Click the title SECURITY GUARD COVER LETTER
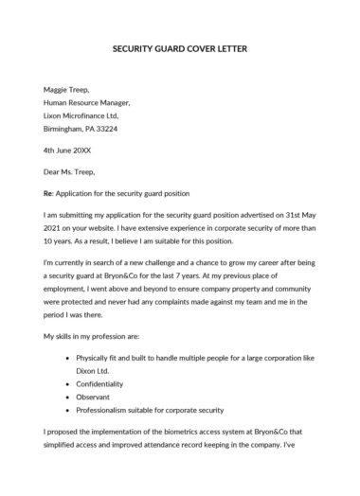[x=179, y=48]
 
